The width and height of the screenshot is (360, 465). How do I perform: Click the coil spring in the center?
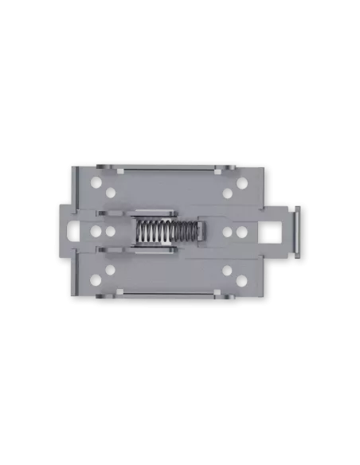(x=165, y=232)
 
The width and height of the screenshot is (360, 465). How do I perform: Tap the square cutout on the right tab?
(x=272, y=232)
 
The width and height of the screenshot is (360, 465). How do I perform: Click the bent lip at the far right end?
(x=295, y=232)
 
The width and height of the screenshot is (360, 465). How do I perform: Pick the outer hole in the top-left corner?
(x=96, y=182)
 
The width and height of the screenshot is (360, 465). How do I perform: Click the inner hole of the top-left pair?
(x=109, y=192)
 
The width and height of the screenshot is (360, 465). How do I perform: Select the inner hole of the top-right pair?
(x=227, y=192)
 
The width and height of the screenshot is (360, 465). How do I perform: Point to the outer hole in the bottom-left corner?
(x=96, y=281)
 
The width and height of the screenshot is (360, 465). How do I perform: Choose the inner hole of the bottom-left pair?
(x=109, y=271)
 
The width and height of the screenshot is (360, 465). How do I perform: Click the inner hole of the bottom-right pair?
(x=227, y=271)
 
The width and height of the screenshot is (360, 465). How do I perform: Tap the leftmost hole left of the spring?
(x=96, y=232)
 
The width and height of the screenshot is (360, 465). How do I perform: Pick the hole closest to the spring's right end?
(x=227, y=232)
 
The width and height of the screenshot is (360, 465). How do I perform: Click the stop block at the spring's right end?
(x=202, y=232)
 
